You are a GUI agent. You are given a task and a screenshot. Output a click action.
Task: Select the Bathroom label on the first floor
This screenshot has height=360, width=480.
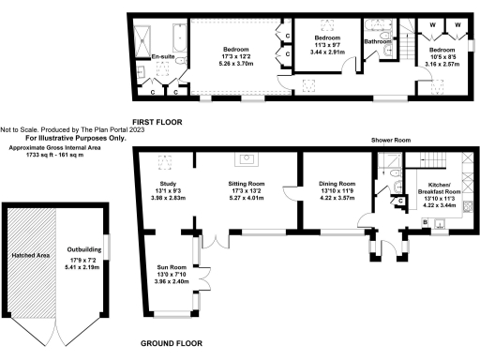coord(378,41)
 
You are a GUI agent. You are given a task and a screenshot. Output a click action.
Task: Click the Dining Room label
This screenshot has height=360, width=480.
coord(337,184)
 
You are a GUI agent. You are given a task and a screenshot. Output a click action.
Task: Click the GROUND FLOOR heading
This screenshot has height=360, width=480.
coord(172,344)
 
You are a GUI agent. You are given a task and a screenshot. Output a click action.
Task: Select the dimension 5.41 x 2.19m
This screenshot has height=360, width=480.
coord(83,267)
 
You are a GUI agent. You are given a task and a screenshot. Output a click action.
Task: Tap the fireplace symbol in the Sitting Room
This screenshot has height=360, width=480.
coord(250,158)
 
